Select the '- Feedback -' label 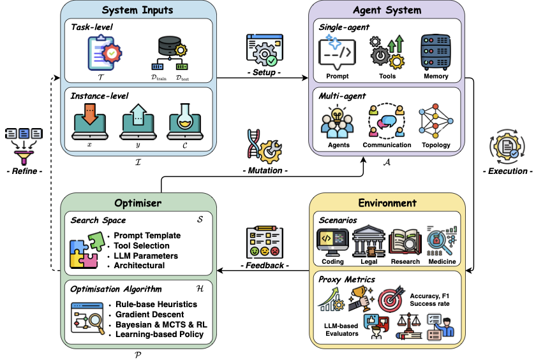pos(264,264)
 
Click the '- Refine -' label pos(24,170)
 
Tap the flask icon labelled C pos(186,119)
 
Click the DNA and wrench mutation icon pos(264,145)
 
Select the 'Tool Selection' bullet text pos(141,245)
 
